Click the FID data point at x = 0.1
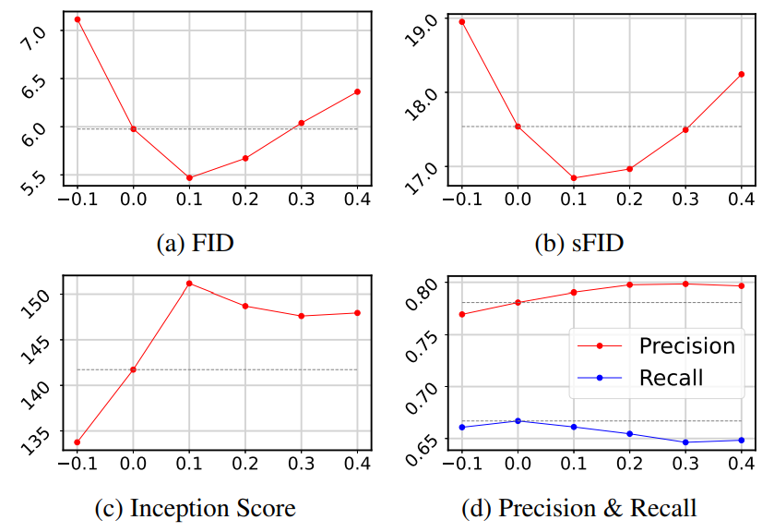point(189,178)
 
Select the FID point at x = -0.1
point(77,19)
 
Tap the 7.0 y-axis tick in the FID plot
point(33,39)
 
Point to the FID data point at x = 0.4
point(357,92)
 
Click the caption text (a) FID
point(195,243)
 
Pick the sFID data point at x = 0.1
point(574,178)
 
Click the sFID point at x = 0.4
point(742,74)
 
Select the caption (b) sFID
point(579,243)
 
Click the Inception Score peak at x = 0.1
point(189,284)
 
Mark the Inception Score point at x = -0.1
point(77,442)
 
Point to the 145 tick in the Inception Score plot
point(35,349)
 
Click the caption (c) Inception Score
point(196,508)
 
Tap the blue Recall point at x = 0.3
point(685,442)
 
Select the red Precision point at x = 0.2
point(630,284)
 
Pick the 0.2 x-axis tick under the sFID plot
point(630,199)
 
